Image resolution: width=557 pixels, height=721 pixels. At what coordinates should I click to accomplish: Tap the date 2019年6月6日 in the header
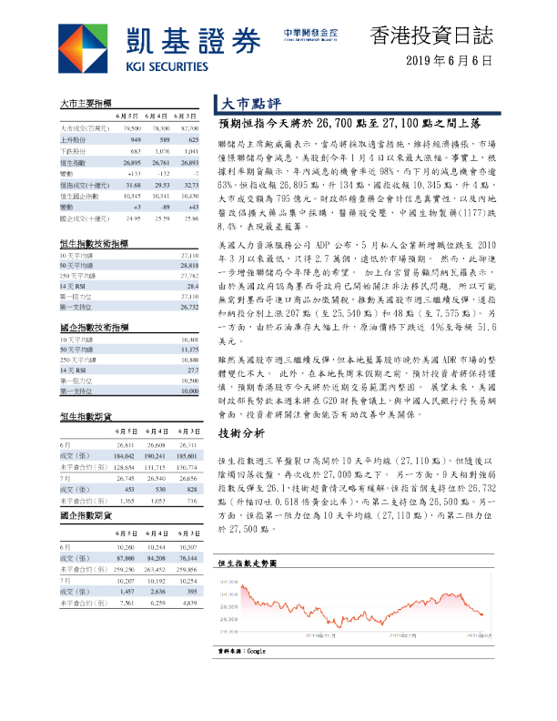(450, 62)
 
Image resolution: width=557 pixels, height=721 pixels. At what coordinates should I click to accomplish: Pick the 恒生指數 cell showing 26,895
(131, 160)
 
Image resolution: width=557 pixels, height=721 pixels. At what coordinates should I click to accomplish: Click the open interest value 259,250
(131, 568)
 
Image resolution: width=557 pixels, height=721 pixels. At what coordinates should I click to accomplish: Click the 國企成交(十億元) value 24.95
(133, 218)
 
